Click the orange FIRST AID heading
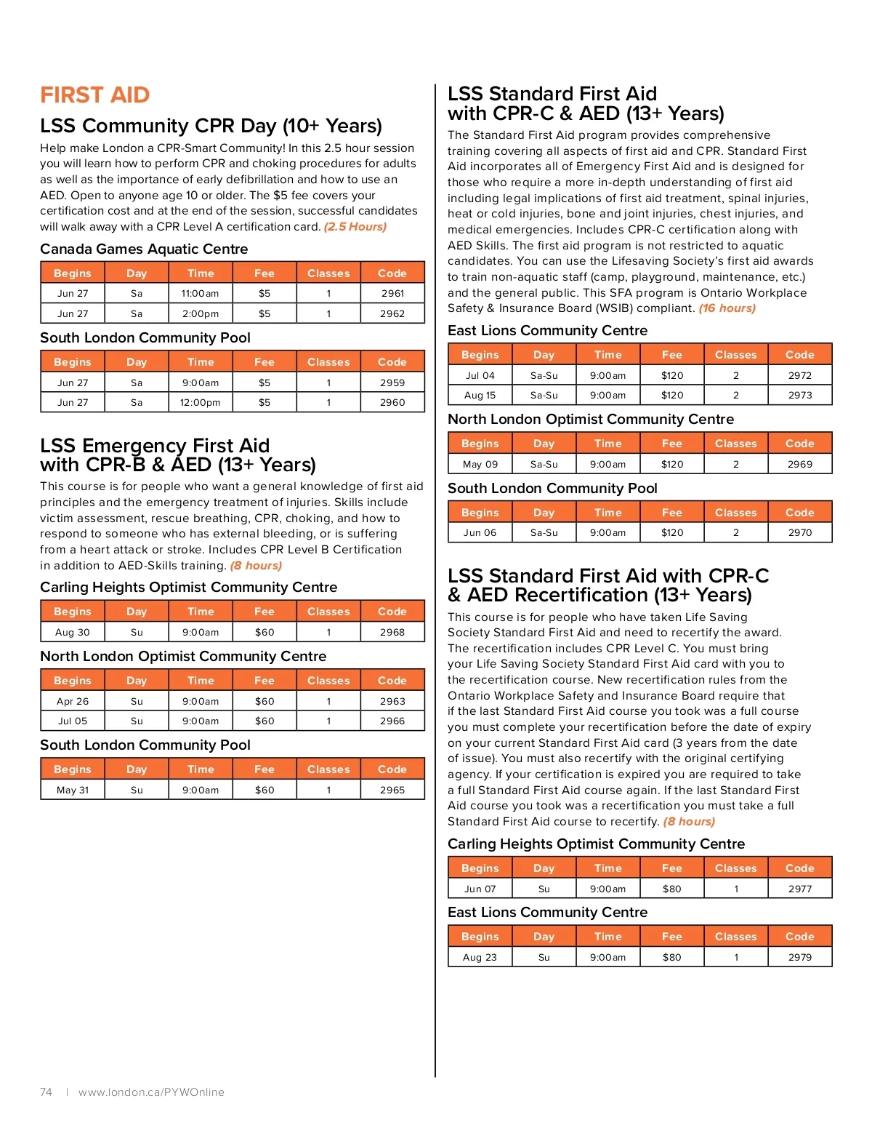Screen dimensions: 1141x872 [94, 95]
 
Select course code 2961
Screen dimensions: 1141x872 [392, 294]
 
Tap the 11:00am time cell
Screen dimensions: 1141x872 [200, 294]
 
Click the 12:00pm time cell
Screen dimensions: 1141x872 [200, 403]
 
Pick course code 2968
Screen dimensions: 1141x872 [392, 633]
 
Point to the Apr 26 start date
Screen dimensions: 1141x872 [73, 702]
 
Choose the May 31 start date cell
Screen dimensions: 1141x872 [73, 790]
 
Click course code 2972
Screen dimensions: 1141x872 [800, 376]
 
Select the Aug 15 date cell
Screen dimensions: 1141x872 [480, 396]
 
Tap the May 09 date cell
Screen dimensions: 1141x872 [480, 465]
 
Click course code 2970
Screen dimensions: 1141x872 [800, 533]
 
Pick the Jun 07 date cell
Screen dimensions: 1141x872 [480, 889]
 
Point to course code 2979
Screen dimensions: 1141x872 [800, 958]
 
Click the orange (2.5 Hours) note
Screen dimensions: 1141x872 [355, 227]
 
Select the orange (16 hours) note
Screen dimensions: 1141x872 [727, 308]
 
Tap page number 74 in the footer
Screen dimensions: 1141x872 [46, 1092]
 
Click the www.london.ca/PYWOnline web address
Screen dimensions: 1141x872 [151, 1092]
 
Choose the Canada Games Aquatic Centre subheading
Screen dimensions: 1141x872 [144, 249]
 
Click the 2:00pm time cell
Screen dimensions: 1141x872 [200, 314]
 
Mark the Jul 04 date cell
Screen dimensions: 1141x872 [480, 376]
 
